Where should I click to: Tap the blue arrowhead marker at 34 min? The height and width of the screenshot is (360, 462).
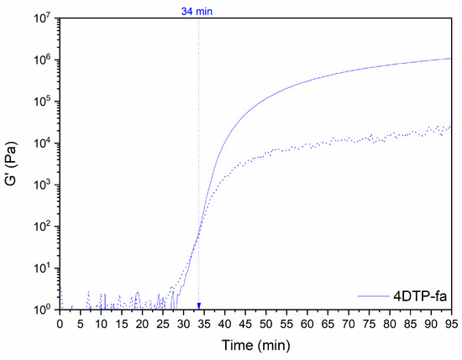point(199,305)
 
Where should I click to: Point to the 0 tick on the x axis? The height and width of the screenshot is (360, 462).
point(60,322)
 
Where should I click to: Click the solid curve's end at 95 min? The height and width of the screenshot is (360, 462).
point(450,59)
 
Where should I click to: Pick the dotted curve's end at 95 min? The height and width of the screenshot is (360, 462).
point(450,127)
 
